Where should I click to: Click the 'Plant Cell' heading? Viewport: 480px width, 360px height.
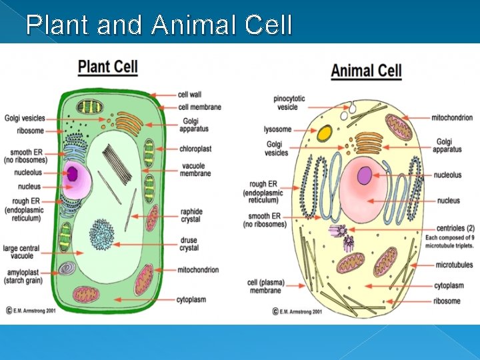coord(108,66)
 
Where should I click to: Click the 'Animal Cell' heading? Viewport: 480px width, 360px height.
coord(366,70)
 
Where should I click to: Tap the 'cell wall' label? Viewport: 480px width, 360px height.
coord(190,95)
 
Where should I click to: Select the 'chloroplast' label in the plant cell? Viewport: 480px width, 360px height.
coord(195,149)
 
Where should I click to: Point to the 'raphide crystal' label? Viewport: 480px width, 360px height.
coord(191,216)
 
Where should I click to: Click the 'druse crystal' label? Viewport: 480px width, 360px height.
coord(189,244)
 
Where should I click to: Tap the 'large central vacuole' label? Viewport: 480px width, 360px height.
coord(21,252)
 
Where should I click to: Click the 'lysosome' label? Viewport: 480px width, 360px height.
coord(277,129)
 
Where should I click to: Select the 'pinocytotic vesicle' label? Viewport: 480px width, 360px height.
coord(289,103)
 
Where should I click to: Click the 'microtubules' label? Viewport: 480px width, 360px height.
coord(454,265)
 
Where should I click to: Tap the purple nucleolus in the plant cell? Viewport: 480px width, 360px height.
coord(72,175)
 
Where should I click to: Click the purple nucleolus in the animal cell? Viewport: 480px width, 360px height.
coord(365,176)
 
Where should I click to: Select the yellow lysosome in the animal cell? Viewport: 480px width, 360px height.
coord(325,133)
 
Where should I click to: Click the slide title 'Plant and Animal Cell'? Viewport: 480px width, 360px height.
coord(159,25)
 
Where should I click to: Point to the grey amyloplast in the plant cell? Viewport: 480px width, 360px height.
coord(67,268)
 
